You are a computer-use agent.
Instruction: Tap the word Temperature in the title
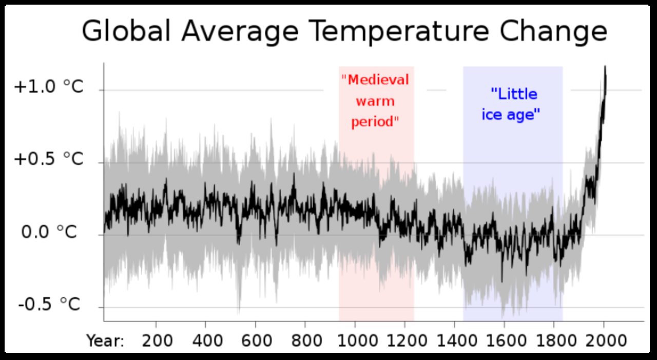(x=397, y=32)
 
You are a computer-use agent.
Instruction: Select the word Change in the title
(x=554, y=32)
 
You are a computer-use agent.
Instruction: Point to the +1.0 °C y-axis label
(x=48, y=87)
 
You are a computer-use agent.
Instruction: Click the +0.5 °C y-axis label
(x=48, y=160)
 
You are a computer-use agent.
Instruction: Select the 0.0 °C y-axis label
(x=49, y=232)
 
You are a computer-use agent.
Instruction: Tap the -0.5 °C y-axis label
(x=49, y=305)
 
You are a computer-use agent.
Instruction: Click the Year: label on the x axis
(x=105, y=340)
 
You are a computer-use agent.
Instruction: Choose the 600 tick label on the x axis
(x=255, y=340)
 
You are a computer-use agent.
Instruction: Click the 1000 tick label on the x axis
(x=355, y=340)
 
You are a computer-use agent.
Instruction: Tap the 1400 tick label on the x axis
(x=454, y=340)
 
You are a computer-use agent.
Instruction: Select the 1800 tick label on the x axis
(x=554, y=340)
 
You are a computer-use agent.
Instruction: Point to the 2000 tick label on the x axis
(x=604, y=340)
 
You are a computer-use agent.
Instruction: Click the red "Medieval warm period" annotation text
(x=376, y=101)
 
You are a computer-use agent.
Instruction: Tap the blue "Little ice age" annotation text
(x=513, y=104)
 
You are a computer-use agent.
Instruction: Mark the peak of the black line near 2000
(x=605, y=66)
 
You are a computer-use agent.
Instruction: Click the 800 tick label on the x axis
(x=305, y=340)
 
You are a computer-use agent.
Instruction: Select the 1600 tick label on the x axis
(x=504, y=340)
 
